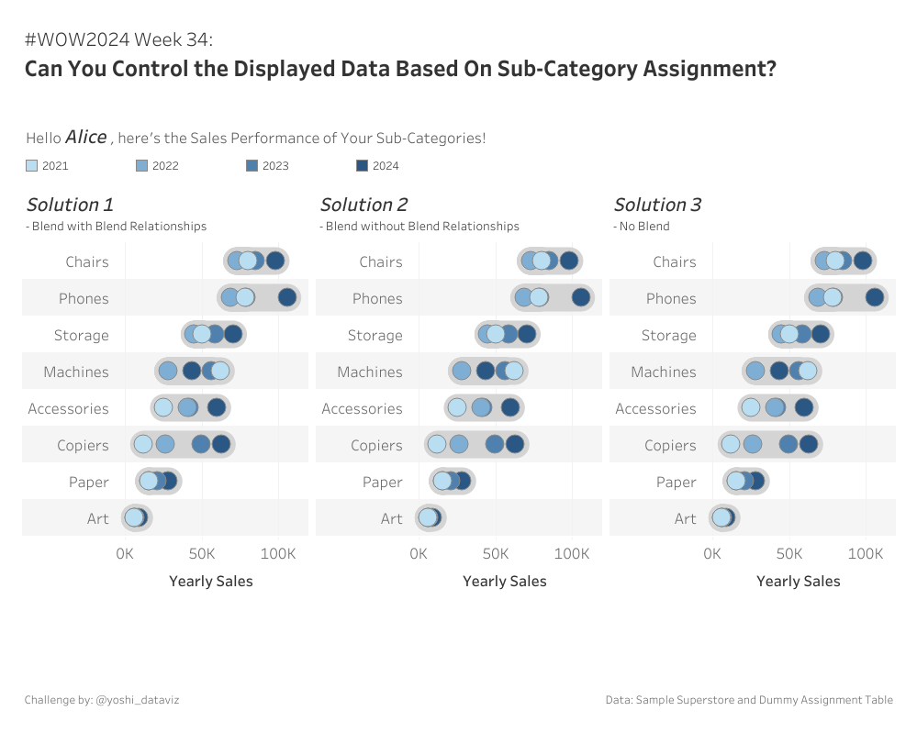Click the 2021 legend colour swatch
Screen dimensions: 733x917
[x=32, y=166]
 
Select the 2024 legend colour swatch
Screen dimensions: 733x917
[x=362, y=166]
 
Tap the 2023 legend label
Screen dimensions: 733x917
[x=275, y=166]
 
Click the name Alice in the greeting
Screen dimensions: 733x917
[x=86, y=137]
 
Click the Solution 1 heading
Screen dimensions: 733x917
[x=70, y=205]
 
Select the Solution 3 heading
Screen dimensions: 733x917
[x=657, y=205]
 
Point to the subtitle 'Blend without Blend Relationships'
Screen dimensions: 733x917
[x=422, y=226]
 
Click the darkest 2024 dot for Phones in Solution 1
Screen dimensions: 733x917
[x=287, y=297]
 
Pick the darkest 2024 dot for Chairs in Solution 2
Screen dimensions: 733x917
[x=569, y=261]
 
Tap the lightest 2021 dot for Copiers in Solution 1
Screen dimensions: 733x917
[x=142, y=445]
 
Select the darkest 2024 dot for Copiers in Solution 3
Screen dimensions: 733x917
[x=809, y=445]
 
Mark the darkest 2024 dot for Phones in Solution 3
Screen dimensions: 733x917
[x=875, y=297]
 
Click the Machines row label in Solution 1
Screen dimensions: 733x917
[x=76, y=372]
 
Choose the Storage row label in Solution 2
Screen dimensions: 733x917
[x=375, y=335]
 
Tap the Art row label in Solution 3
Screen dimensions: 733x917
[x=686, y=518]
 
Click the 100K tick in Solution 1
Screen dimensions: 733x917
[x=278, y=554]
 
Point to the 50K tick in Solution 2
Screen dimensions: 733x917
[x=496, y=554]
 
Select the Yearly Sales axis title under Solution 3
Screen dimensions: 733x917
[x=798, y=581]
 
